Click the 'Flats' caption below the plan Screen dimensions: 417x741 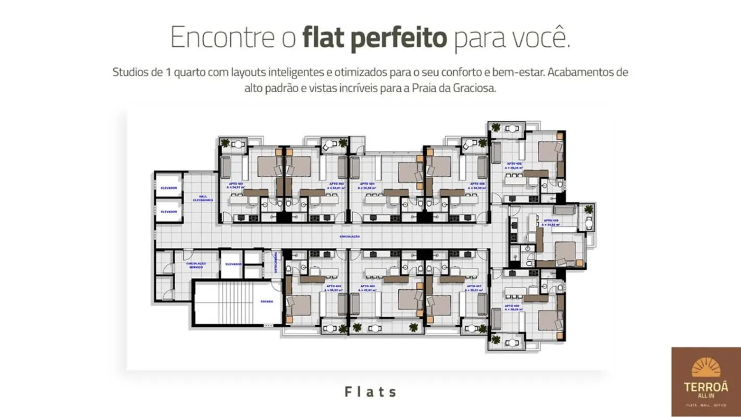click(370, 391)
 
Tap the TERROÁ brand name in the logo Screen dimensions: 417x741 click(706, 388)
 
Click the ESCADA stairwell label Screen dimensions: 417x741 click(267, 302)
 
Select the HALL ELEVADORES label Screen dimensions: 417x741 click(203, 198)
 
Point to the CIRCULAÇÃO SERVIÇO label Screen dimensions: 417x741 click(196, 265)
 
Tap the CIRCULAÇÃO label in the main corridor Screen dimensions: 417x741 click(350, 237)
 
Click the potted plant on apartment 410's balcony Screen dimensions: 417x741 click(588, 210)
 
